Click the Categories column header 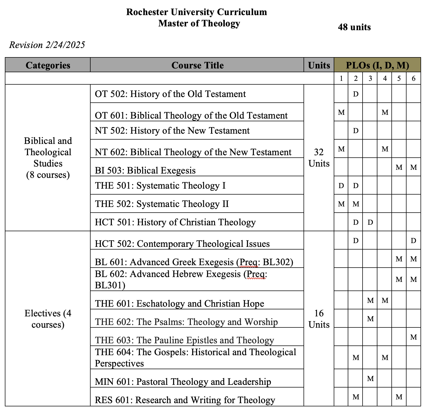(x=48, y=65)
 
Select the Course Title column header (x=197, y=65)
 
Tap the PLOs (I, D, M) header (x=377, y=65)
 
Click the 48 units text (x=354, y=27)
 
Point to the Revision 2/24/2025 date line (x=47, y=45)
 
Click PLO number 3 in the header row (x=370, y=78)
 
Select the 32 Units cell (x=319, y=158)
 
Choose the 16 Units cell (x=319, y=319)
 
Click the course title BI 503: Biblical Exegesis (x=145, y=170)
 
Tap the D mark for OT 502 (x=356, y=94)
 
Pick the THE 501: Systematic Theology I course (x=160, y=186)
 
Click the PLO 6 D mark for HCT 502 (x=414, y=241)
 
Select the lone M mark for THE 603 (x=414, y=337)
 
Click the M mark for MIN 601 (x=370, y=379)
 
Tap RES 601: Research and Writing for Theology (x=185, y=400)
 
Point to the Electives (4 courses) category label (x=48, y=319)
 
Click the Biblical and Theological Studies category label (x=48, y=158)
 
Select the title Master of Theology (x=199, y=23)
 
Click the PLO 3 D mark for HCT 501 (x=370, y=222)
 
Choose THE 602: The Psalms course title (x=186, y=322)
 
